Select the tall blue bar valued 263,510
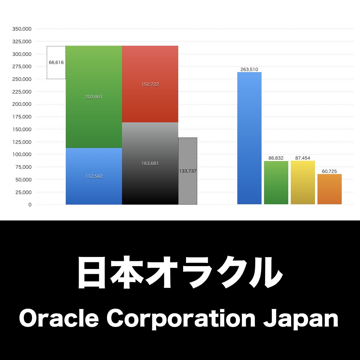pyautogui.click(x=249, y=141)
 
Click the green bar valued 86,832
pyautogui.click(x=276, y=183)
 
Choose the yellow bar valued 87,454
pyautogui.click(x=303, y=183)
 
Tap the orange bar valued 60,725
pyautogui.click(x=329, y=190)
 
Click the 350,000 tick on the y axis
pyautogui.click(x=22, y=29)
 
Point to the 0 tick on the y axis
pyautogui.click(x=30, y=205)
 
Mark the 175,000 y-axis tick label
pyautogui.click(x=22, y=117)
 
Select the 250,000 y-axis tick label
pyautogui.click(x=22, y=79)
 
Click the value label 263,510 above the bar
pyautogui.click(x=249, y=70)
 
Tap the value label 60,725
pyautogui.click(x=329, y=171)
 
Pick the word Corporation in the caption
pyautogui.click(x=181, y=320)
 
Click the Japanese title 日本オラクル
pyautogui.click(x=180, y=273)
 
